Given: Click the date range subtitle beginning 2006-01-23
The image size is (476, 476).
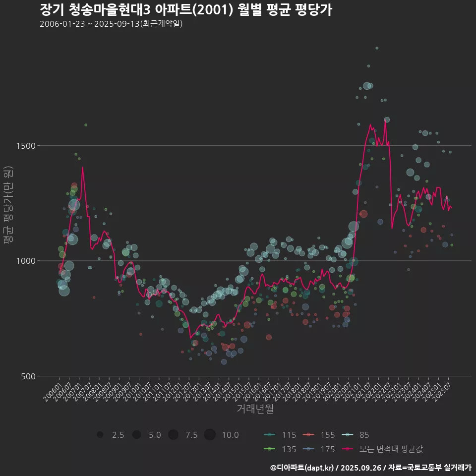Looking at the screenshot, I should click(112, 24).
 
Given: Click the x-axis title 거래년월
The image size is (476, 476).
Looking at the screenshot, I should click(255, 409).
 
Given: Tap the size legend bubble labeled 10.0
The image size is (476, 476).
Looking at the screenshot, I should click(210, 435).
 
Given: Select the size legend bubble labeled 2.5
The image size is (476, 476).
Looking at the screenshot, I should click(100, 435).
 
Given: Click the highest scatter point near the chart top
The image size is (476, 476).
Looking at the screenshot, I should click(377, 48).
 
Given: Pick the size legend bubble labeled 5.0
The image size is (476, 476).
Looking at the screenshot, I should click(136, 435).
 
